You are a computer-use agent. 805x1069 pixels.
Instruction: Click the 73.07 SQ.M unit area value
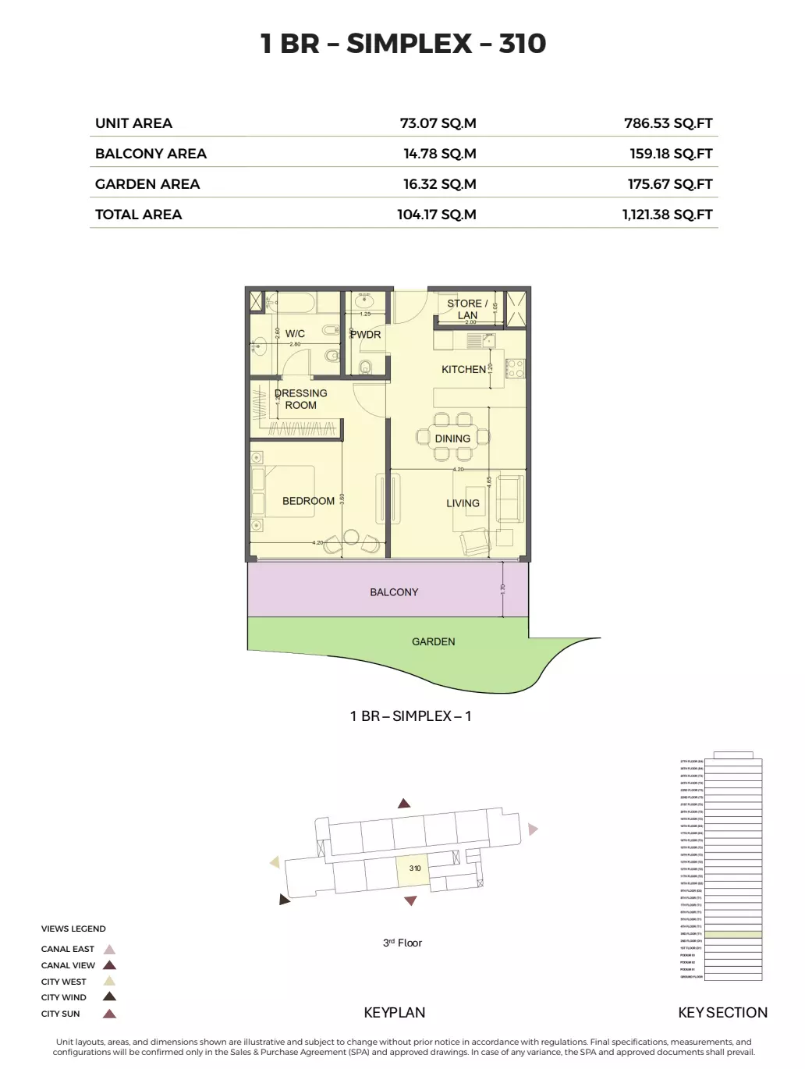438,123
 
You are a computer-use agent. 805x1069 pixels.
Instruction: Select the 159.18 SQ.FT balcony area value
671,154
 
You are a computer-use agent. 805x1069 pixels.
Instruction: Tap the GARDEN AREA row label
147,184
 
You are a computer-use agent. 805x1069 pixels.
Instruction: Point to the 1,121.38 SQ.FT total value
667,215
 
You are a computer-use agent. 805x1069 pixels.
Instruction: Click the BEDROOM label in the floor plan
308,501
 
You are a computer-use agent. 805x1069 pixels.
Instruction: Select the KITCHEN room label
463,369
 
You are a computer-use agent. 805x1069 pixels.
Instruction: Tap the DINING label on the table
452,439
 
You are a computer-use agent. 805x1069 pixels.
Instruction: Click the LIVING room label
463,503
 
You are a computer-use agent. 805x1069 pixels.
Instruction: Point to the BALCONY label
394,592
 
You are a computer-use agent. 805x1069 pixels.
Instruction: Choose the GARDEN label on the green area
434,641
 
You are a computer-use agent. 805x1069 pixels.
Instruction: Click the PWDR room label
366,334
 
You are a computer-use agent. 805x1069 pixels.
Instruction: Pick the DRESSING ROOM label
301,399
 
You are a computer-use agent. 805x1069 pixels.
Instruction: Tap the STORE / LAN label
467,309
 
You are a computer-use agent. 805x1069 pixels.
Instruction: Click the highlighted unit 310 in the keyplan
414,869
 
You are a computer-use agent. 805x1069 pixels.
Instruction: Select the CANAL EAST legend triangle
110,950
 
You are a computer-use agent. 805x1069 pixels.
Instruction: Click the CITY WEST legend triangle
110,982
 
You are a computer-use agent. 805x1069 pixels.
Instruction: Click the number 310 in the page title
523,44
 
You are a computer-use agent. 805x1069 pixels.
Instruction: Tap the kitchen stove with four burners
515,368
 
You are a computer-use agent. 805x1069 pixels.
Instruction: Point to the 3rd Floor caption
402,943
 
